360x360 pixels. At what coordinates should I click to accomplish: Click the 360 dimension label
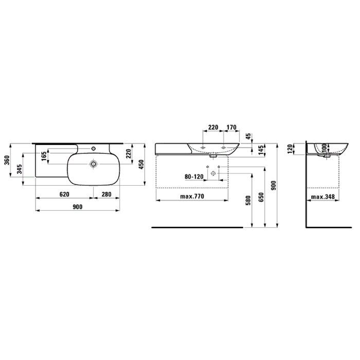click(x=7, y=160)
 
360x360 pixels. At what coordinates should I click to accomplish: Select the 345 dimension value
click(x=20, y=169)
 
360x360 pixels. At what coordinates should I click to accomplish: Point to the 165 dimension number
click(x=44, y=156)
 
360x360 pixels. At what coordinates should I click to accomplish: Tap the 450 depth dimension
click(x=141, y=164)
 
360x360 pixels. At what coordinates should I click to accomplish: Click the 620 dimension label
click(x=64, y=194)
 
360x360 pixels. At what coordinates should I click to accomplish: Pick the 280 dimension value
click(x=106, y=194)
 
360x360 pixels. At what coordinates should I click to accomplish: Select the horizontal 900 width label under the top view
click(x=78, y=207)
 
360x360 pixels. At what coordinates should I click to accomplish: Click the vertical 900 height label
click(x=274, y=185)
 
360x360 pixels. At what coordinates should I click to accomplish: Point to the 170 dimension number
click(x=231, y=127)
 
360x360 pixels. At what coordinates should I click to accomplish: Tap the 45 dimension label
click(x=249, y=136)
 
